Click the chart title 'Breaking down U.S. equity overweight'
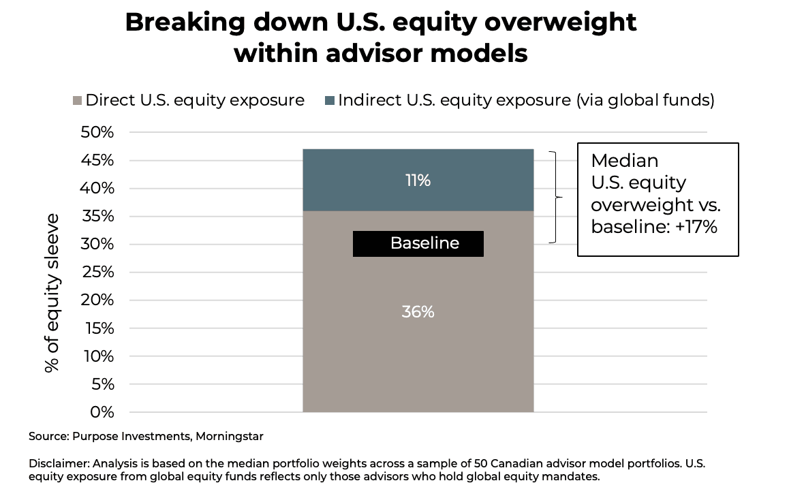pyautogui.click(x=380, y=22)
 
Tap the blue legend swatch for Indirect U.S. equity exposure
pyautogui.click(x=330, y=101)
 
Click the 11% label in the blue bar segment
pyautogui.click(x=418, y=181)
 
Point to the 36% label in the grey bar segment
pyautogui.click(x=418, y=312)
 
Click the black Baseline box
pyautogui.click(x=418, y=243)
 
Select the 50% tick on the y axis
pyautogui.click(x=97, y=132)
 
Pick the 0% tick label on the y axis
pyautogui.click(x=102, y=412)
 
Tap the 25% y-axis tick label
pyautogui.click(x=97, y=273)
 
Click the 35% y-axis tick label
pyautogui.click(x=97, y=217)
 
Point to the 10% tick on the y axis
pyautogui.click(x=97, y=356)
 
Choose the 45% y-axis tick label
pyautogui.click(x=97, y=161)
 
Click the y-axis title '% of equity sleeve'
pyautogui.click(x=52, y=292)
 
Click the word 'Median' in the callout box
pyautogui.click(x=624, y=161)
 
